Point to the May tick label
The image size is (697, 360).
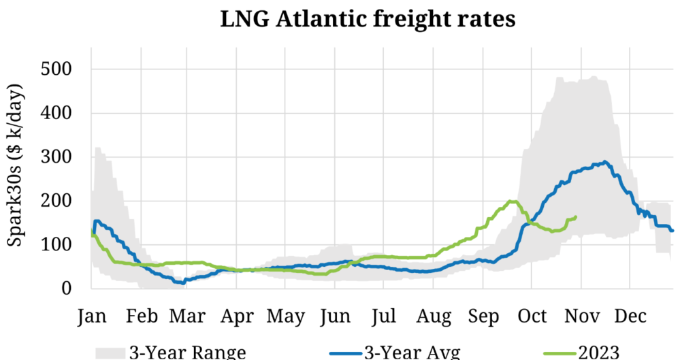(285, 316)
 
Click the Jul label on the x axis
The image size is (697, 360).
(384, 316)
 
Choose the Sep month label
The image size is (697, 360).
(483, 316)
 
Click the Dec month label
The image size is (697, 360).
(630, 316)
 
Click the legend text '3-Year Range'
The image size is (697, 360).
(187, 352)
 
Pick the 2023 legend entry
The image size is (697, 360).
(598, 352)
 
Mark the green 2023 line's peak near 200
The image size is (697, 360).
(512, 201)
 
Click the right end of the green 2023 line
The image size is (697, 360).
(577, 217)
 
